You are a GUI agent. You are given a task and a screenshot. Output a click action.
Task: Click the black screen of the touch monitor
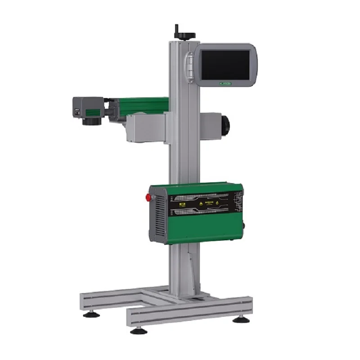225,64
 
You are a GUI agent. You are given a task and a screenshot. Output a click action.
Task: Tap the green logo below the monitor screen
225,83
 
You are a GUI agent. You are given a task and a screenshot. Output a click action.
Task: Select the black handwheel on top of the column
178,33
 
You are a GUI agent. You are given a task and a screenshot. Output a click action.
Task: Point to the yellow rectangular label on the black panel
183,204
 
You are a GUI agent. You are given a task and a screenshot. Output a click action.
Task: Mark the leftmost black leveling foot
92,314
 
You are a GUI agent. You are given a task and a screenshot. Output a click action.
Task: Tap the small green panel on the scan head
93,111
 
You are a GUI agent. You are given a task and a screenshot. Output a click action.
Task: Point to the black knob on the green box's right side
243,225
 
